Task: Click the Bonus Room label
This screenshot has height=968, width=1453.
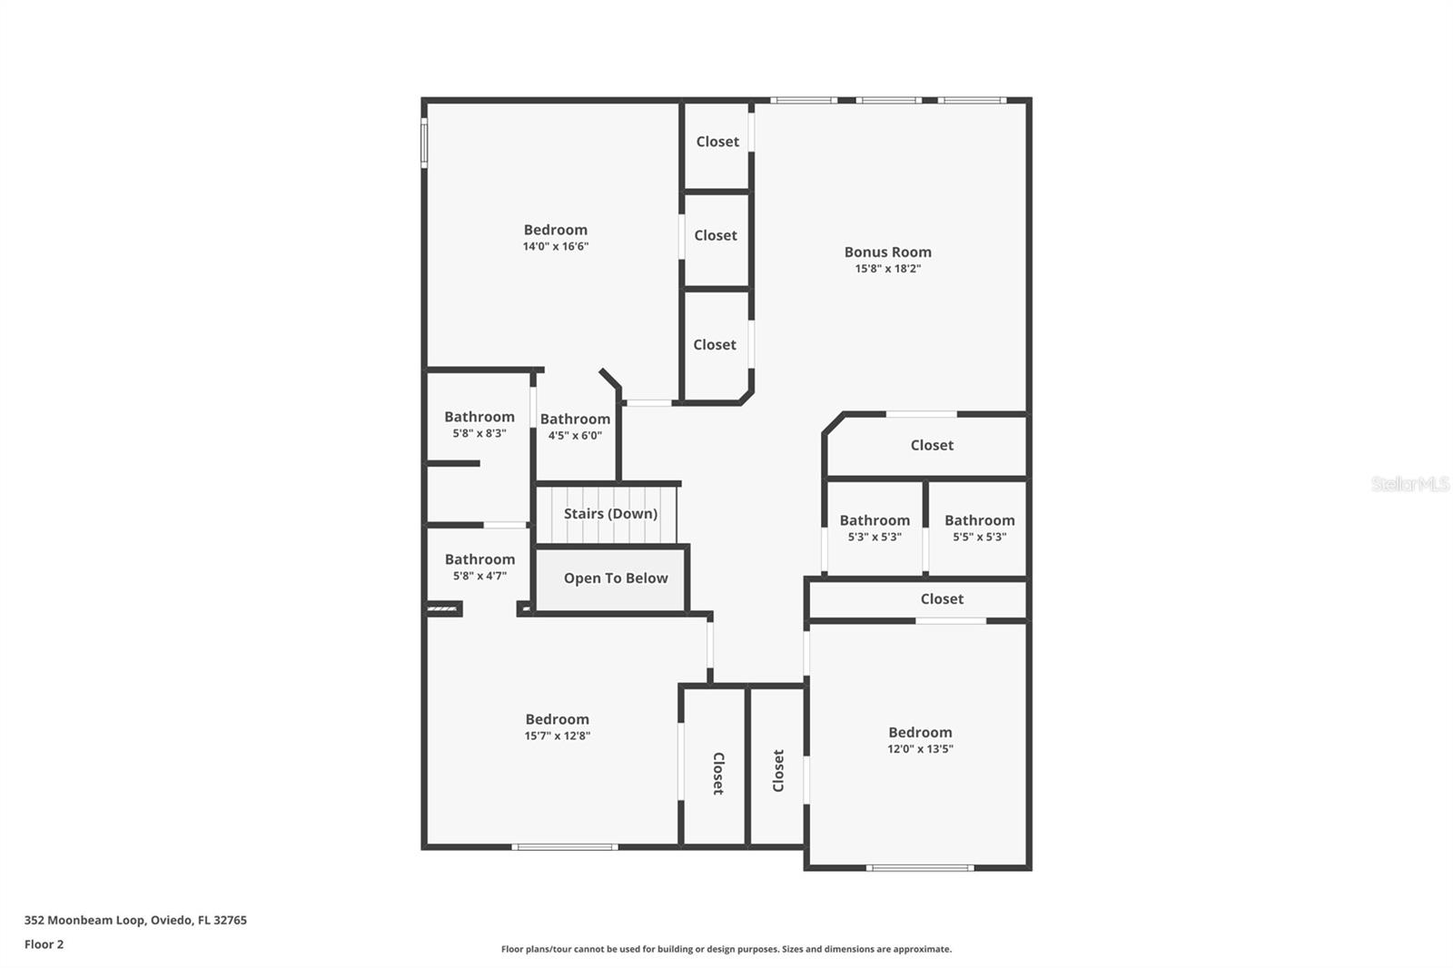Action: [887, 252]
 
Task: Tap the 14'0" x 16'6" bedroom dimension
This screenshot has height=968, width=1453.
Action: [555, 246]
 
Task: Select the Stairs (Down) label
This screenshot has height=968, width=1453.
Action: [610, 514]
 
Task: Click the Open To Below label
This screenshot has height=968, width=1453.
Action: [615, 578]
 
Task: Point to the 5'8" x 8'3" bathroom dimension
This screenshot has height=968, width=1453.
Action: [479, 434]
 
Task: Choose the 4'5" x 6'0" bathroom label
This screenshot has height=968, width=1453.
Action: [575, 420]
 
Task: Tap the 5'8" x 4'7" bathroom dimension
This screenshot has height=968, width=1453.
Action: [479, 576]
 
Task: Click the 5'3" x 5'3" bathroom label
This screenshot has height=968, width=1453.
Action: [874, 520]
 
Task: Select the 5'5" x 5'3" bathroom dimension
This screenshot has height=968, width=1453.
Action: [979, 537]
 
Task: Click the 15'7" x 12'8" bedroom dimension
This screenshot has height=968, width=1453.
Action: [557, 736]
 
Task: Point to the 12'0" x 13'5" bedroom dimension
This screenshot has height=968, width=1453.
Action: [920, 749]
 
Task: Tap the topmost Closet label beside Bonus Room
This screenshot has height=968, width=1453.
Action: [717, 142]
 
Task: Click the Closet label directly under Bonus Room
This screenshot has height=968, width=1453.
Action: [932, 445]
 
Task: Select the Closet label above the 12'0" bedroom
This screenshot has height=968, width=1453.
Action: [942, 599]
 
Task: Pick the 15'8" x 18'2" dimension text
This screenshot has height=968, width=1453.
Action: [887, 269]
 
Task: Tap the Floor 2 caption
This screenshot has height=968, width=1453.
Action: [44, 944]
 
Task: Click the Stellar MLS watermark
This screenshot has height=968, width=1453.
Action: [1409, 484]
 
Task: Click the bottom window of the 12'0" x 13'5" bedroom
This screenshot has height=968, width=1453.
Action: [919, 868]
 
